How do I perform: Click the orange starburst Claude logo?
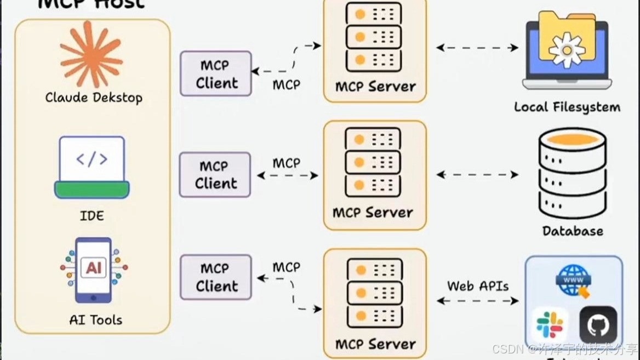[x=92, y=54]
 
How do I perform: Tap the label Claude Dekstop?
[x=94, y=98]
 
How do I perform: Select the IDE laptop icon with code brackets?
[x=92, y=167]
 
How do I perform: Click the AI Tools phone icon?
[x=93, y=269]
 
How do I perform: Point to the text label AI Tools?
[x=95, y=320]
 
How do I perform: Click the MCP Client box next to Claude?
[x=216, y=74]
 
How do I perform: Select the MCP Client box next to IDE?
[x=215, y=175]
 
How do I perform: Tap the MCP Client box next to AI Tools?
[x=216, y=277]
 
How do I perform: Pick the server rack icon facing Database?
[x=373, y=163]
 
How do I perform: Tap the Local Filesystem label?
[x=567, y=107]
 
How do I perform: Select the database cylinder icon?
[x=573, y=173]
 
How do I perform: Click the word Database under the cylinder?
[x=573, y=231]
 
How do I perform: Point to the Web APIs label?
[x=478, y=286]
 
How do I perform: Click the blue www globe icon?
[x=574, y=280]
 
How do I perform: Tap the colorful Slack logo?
[x=550, y=324]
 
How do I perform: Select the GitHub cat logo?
[x=598, y=325]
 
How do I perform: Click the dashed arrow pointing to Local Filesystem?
[x=477, y=48]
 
